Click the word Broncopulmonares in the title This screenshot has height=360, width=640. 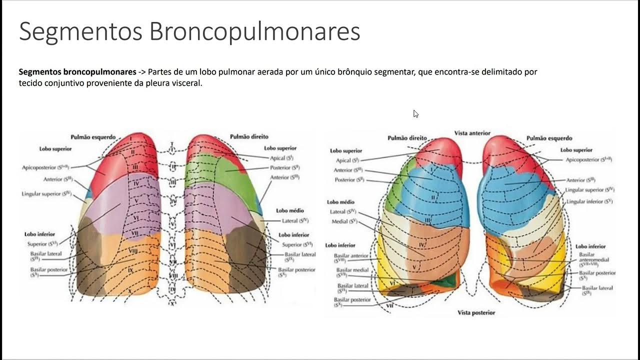(x=254, y=32)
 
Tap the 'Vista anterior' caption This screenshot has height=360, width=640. (x=472, y=133)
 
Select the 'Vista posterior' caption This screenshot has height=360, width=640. (x=476, y=312)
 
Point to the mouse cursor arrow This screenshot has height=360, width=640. (x=415, y=113)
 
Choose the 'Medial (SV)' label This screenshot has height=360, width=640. (x=344, y=221)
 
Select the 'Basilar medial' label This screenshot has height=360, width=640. (x=352, y=272)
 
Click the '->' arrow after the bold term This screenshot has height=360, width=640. (x=142, y=71)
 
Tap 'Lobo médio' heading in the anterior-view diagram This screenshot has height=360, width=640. (x=340, y=202)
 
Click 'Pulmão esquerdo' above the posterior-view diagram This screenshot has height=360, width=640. (x=93, y=137)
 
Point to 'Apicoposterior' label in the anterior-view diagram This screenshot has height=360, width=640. (x=588, y=159)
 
